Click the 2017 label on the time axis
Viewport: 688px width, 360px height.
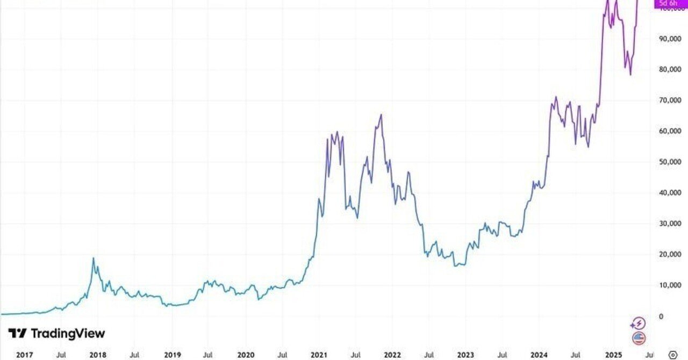coord(25,355)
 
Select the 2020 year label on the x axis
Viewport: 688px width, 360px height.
coord(245,355)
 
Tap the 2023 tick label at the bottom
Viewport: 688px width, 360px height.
coord(465,355)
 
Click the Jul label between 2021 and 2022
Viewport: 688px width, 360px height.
coord(355,355)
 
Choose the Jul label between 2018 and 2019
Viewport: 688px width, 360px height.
coord(135,355)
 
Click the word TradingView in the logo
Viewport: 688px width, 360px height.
coord(67,334)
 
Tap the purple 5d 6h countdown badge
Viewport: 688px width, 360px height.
coord(669,4)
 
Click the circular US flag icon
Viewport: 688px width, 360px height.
coord(638,338)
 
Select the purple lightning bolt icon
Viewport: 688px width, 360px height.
coord(638,323)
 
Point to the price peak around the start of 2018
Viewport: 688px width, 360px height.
coord(93,258)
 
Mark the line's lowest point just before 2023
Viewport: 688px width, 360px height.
coord(455,266)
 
